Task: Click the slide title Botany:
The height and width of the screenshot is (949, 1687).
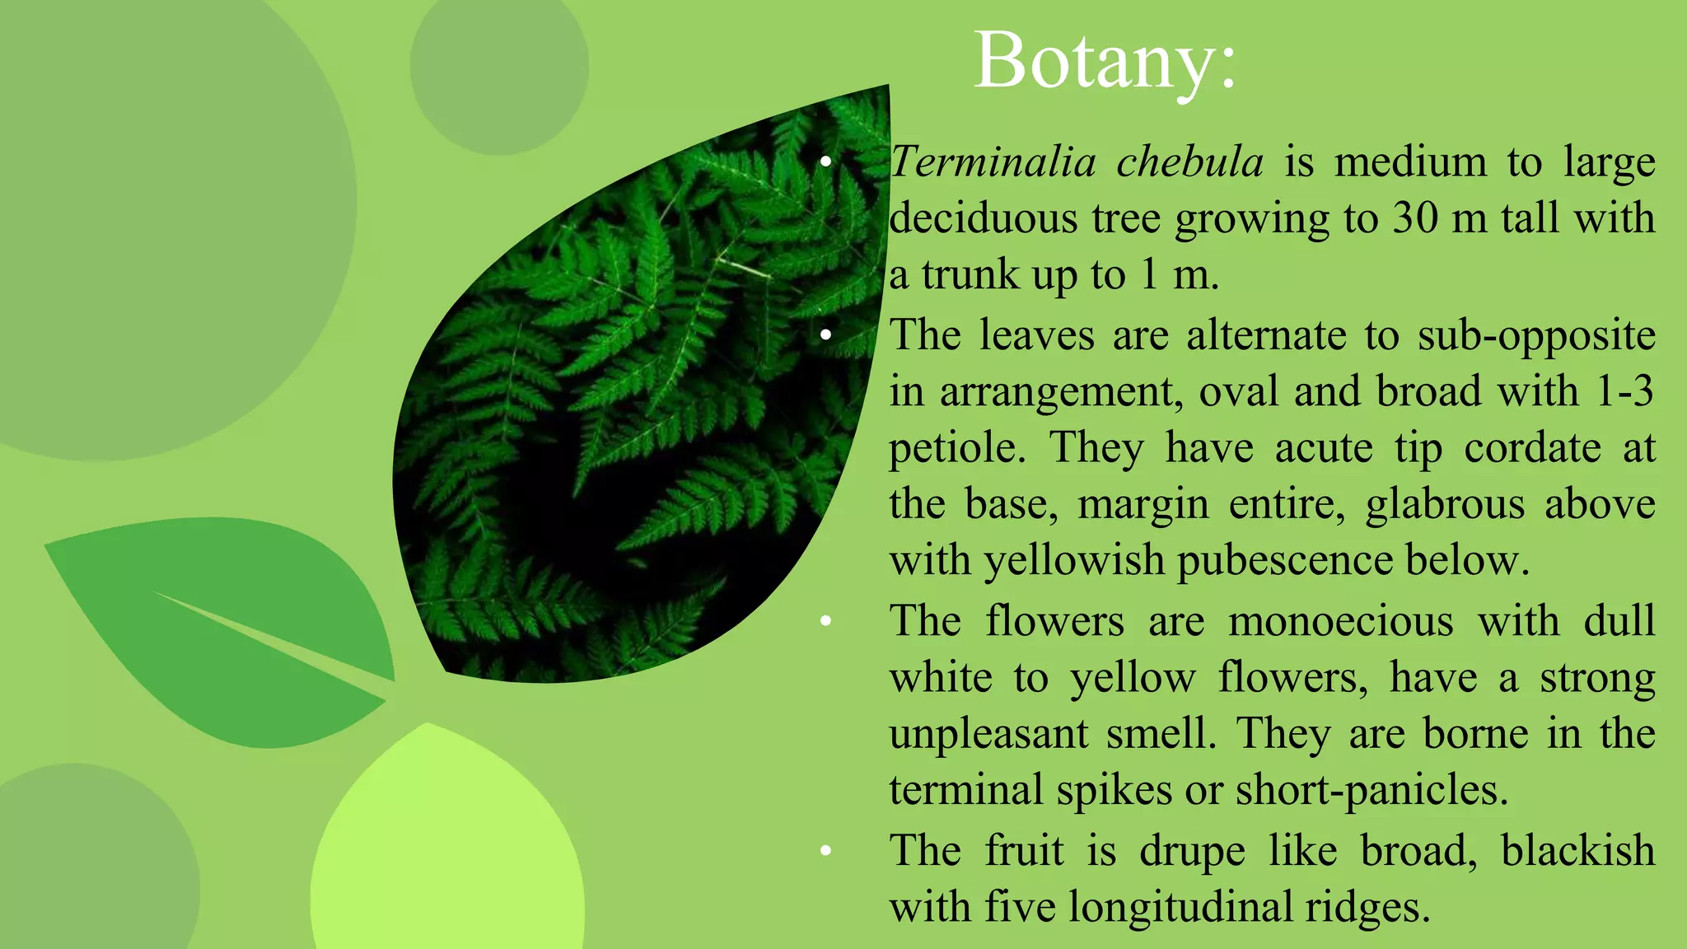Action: tap(1105, 61)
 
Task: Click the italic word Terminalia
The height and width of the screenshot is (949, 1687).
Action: tap(993, 161)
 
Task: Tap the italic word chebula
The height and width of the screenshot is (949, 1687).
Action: tap(1189, 161)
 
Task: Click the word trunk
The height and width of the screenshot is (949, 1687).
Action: tap(970, 274)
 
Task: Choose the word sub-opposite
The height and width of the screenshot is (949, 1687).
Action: tap(1536, 336)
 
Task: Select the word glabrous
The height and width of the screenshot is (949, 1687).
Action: tap(1445, 504)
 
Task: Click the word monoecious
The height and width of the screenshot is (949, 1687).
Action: tap(1340, 620)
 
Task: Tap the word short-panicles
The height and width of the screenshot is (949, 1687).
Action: tap(1372, 790)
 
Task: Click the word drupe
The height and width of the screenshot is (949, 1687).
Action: tap(1192, 851)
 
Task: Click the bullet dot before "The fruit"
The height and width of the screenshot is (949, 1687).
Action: tap(825, 850)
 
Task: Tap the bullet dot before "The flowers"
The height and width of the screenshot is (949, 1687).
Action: tap(825, 620)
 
